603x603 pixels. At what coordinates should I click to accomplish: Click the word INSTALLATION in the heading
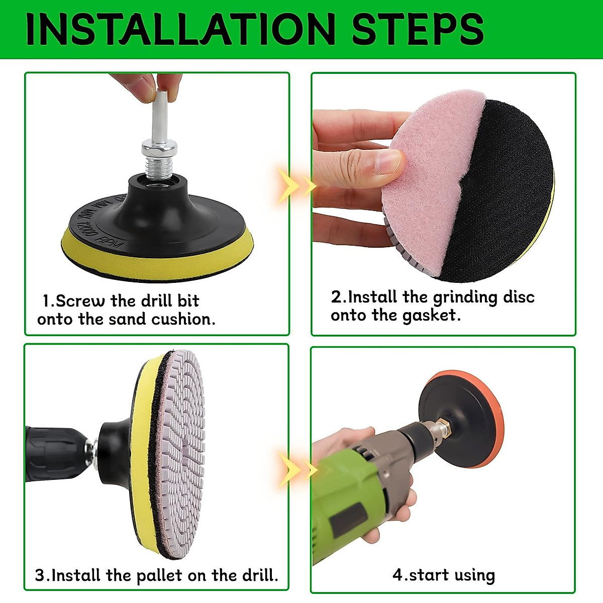[181, 29]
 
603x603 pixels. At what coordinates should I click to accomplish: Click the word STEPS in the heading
[418, 29]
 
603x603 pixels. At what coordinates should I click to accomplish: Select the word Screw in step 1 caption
[80, 301]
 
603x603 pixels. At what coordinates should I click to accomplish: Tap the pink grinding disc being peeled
[427, 191]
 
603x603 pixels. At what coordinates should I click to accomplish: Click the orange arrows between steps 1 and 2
[296, 186]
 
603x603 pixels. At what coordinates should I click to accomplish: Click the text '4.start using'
[443, 575]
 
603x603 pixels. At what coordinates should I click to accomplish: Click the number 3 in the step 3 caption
[40, 575]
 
